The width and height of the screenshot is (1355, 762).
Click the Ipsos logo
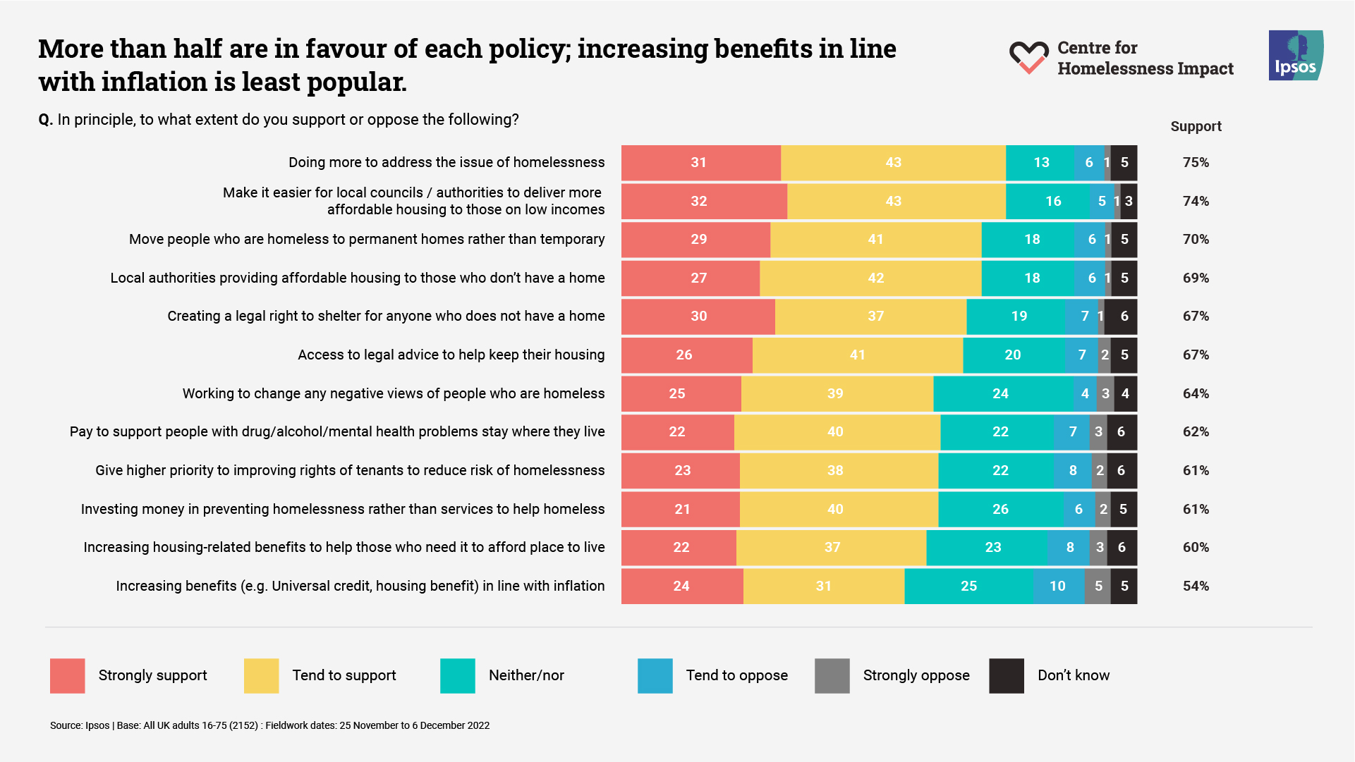point(1295,55)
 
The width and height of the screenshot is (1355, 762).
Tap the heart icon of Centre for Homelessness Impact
point(1028,57)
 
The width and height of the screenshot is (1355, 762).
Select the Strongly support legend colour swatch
point(68,675)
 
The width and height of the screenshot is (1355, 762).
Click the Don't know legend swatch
point(1006,675)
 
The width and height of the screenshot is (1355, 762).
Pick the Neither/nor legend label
point(526,675)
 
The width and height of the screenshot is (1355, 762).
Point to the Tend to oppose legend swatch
point(655,675)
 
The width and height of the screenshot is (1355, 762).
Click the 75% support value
point(1196,163)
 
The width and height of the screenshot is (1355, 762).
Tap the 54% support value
point(1196,586)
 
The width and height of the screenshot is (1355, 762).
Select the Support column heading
point(1196,127)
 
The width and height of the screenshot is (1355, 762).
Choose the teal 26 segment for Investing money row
point(1000,509)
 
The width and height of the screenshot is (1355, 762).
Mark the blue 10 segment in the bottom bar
point(1058,586)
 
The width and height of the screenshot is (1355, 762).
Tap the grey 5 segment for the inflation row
point(1098,586)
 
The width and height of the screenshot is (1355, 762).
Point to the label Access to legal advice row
point(451,355)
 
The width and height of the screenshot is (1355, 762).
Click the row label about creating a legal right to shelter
point(386,317)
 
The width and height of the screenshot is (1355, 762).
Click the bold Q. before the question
point(46,120)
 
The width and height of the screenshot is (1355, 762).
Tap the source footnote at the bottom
point(269,725)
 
